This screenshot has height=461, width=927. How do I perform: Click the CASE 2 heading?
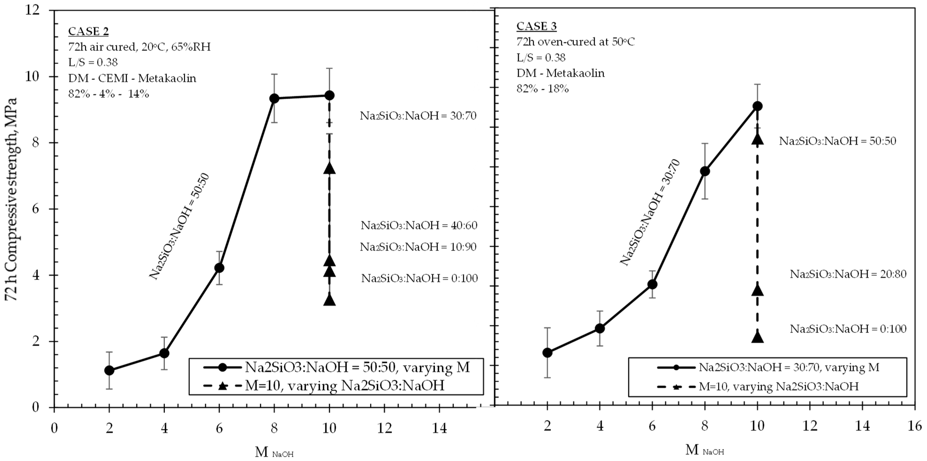89,32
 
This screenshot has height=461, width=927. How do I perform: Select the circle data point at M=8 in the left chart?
274,98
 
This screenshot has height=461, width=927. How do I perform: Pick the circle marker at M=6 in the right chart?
652,284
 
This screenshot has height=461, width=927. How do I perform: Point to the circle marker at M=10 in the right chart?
757,106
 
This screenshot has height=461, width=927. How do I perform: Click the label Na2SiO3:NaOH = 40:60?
419,226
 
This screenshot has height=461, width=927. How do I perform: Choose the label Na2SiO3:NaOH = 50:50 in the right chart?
837,141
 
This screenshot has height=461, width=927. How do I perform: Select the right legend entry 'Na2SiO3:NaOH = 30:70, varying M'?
788,368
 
